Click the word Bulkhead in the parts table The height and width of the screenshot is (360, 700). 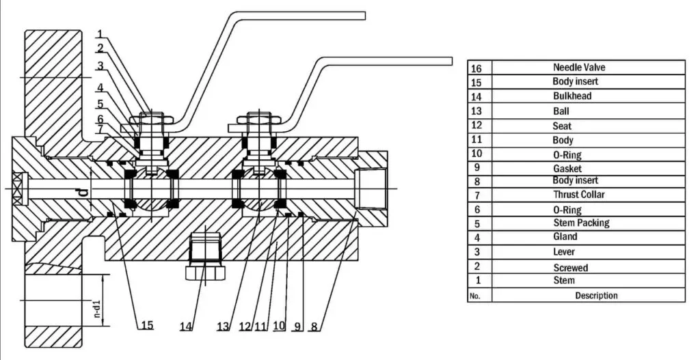pyautogui.click(x=572, y=96)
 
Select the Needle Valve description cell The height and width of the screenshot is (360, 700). pyautogui.click(x=579, y=68)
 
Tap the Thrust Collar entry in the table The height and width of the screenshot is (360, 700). pyautogui.click(x=579, y=195)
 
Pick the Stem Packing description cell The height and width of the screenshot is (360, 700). pyautogui.click(x=580, y=223)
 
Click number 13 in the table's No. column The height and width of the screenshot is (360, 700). pyautogui.click(x=476, y=111)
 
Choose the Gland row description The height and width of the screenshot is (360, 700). pyautogui.click(x=565, y=237)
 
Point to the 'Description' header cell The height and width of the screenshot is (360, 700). pyautogui.click(x=596, y=296)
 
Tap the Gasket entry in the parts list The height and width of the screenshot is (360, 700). pyautogui.click(x=567, y=168)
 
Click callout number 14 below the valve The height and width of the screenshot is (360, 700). pyautogui.click(x=186, y=327)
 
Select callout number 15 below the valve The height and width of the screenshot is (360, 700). pyautogui.click(x=146, y=325)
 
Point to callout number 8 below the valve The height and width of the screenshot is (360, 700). pyautogui.click(x=314, y=327)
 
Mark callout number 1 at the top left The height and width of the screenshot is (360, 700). pyautogui.click(x=100, y=33)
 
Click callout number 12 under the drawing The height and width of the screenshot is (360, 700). pyautogui.click(x=245, y=327)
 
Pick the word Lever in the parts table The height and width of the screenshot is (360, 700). pyautogui.click(x=564, y=252)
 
